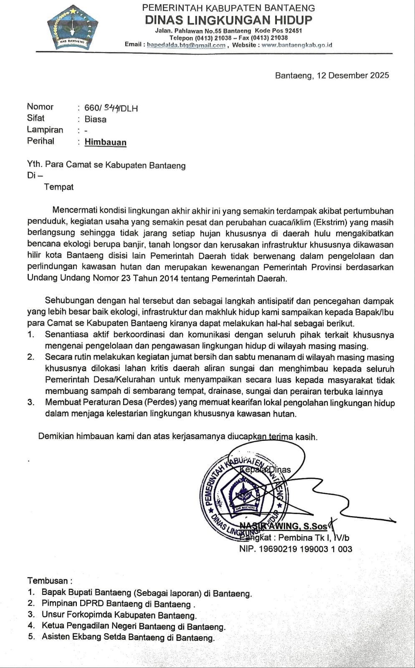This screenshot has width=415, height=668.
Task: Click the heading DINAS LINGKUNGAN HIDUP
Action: click(x=228, y=20)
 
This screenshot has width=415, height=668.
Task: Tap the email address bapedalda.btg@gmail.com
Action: click(x=186, y=45)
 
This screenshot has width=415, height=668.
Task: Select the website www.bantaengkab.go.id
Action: click(x=297, y=45)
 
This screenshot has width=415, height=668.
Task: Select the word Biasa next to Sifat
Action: click(x=95, y=119)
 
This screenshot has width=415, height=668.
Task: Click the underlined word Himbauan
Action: click(x=105, y=142)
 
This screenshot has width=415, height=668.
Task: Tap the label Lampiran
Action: click(x=45, y=130)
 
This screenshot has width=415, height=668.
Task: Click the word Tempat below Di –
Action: click(x=59, y=187)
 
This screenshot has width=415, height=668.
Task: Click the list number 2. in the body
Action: click(x=30, y=357)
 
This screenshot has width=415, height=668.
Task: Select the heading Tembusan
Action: click(x=49, y=581)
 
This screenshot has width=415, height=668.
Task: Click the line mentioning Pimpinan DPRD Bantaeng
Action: click(x=118, y=604)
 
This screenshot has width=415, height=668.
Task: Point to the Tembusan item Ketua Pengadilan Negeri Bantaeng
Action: click(x=134, y=626)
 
